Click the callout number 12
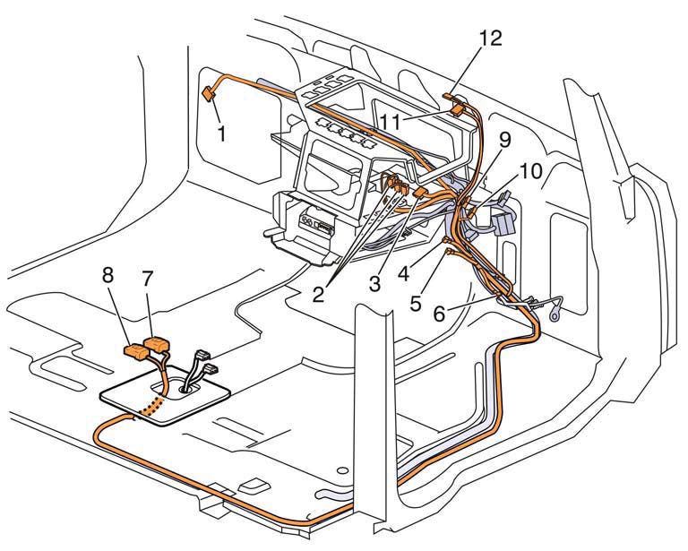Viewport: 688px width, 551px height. (x=490, y=38)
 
